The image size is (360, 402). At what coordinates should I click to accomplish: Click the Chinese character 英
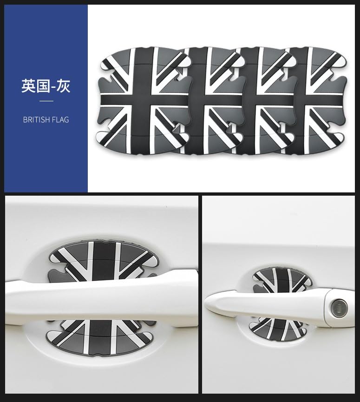28,86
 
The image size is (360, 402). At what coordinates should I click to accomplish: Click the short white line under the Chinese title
46,101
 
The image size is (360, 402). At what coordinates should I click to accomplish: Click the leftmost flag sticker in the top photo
139,100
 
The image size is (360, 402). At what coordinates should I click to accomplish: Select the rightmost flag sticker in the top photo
318,100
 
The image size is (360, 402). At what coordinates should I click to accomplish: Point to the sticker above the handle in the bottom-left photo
100,258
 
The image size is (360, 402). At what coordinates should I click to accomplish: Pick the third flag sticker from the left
269,100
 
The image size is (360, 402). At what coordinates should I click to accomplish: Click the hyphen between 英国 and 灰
52,87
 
